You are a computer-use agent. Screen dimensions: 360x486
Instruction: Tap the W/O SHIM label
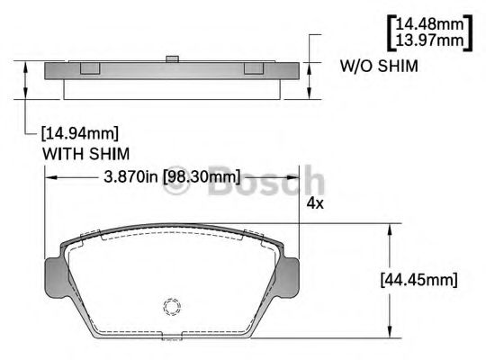[378, 67]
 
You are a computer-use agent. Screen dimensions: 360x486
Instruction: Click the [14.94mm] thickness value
[80, 134]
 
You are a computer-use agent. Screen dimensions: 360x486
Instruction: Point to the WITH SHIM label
[86, 153]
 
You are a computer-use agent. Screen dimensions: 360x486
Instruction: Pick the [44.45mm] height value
[419, 279]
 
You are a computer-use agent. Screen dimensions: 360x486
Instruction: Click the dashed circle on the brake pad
[172, 308]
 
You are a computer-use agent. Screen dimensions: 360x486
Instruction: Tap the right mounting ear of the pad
[290, 274]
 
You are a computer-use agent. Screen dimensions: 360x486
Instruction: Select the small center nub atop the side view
[169, 60]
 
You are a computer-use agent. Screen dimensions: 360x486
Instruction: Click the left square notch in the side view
[89, 68]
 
